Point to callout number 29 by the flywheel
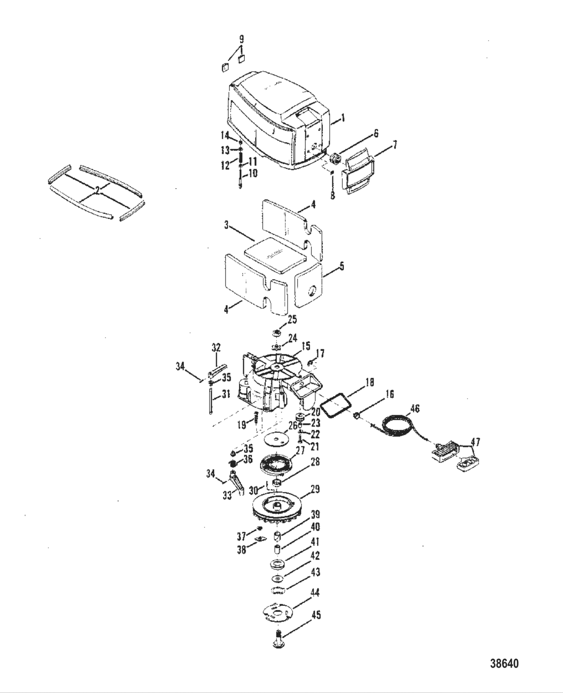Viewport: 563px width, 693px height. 315,498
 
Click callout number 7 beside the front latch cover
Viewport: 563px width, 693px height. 395,145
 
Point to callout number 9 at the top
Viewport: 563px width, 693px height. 241,39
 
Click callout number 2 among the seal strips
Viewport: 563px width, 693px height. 98,191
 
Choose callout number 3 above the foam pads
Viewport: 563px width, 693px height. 227,225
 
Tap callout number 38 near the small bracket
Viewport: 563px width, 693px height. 242,550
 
